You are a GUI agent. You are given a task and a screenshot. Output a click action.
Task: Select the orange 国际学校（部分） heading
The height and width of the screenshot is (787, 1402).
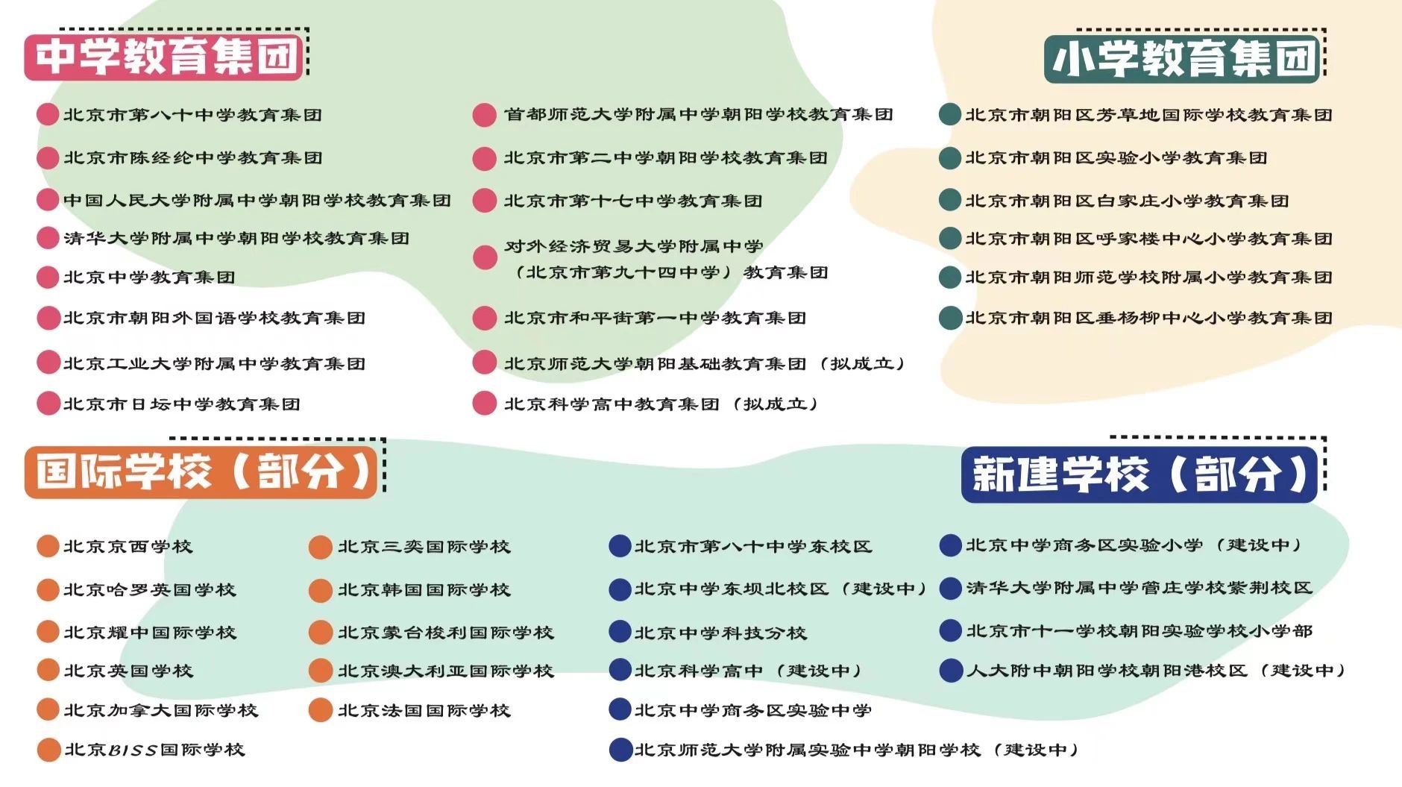click(201, 471)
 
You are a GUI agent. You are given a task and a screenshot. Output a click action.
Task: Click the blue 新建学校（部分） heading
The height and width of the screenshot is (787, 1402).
click(1139, 474)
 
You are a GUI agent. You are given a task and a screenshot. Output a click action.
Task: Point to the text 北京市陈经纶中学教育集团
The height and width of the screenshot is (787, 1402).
click(192, 158)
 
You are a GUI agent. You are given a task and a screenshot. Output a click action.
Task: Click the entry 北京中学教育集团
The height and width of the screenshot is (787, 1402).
click(149, 278)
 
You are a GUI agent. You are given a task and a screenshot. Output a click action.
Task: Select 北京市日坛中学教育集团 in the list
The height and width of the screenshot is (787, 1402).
click(181, 404)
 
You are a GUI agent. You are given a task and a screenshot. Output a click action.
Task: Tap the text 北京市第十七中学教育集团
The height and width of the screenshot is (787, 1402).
click(632, 201)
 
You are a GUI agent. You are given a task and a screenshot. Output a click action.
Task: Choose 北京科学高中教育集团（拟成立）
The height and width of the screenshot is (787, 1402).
click(661, 404)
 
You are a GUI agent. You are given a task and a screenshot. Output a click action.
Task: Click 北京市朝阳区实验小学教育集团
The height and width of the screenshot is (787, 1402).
click(1116, 158)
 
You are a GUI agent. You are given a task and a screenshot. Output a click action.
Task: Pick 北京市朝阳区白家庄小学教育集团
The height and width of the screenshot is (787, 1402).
click(1126, 201)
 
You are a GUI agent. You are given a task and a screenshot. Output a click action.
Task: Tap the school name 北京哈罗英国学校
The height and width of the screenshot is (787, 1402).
click(149, 590)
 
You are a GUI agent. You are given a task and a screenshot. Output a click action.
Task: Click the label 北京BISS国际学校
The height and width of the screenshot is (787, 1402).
click(154, 750)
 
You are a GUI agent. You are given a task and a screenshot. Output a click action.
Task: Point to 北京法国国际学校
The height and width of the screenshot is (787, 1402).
click(424, 711)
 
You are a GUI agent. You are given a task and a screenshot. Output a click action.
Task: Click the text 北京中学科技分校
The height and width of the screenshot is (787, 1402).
click(720, 633)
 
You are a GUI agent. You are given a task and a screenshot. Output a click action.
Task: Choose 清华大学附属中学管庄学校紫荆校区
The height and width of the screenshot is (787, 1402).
click(1139, 589)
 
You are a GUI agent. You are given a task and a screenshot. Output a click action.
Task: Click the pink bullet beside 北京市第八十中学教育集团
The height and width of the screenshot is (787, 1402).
click(48, 115)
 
